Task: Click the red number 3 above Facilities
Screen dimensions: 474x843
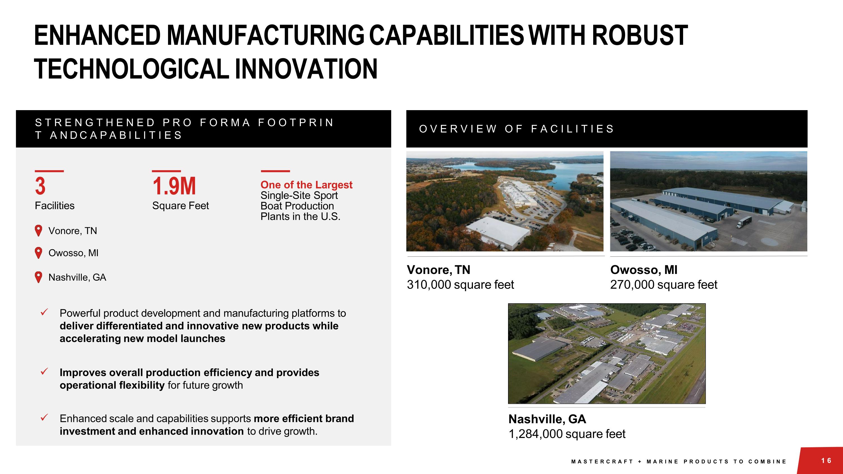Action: [40, 186]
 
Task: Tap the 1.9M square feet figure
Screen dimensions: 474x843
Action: [174, 186]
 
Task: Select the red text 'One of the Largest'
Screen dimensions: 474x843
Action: [306, 185]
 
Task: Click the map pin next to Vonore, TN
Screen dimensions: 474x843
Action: [38, 231]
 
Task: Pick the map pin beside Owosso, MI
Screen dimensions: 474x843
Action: [38, 253]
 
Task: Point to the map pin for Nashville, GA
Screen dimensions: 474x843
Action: [38, 277]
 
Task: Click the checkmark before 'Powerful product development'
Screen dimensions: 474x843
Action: [44, 312]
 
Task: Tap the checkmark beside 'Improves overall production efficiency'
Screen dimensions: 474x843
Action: [44, 372]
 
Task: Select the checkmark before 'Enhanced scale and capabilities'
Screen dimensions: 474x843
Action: [44, 418]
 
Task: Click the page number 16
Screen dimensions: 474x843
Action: [826, 461]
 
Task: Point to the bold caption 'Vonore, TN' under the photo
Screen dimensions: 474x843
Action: [438, 270]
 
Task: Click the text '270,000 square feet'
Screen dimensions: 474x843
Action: [663, 285]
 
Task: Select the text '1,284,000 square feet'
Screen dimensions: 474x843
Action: [566, 434]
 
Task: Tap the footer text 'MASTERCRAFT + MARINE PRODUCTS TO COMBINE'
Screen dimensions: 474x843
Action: [678, 462]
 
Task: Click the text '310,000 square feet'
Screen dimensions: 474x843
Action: [460, 285]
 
